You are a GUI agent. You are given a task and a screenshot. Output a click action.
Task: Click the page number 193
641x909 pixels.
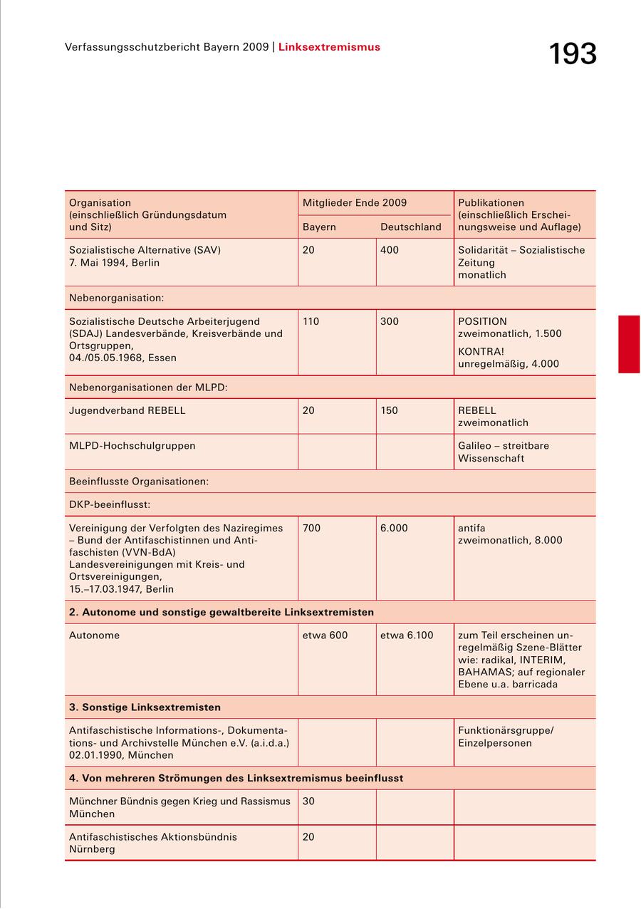tap(572, 54)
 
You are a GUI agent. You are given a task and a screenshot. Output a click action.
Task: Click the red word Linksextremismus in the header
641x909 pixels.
tap(329, 47)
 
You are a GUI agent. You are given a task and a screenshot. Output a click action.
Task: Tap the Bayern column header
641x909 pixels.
tap(319, 227)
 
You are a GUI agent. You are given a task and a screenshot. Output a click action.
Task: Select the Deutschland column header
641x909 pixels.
tap(410, 227)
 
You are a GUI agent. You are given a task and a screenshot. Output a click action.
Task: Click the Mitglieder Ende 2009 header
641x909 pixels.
tap(355, 203)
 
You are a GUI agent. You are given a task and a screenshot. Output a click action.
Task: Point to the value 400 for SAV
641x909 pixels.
tap(390, 250)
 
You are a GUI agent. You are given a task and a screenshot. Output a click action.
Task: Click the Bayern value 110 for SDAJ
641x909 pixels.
tap(311, 321)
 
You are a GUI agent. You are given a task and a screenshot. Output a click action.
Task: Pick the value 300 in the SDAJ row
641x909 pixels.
tap(390, 321)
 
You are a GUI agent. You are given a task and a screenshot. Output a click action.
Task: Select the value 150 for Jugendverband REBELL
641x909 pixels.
tap(390, 410)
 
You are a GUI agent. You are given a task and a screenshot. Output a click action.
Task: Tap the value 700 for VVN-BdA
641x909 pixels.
tap(311, 528)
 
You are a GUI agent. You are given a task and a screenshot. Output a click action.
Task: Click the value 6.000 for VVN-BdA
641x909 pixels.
tap(394, 528)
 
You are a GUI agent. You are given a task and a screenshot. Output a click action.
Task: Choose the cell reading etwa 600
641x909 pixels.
tap(325, 635)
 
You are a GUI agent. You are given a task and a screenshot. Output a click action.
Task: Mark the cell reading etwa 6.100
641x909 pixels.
tap(406, 635)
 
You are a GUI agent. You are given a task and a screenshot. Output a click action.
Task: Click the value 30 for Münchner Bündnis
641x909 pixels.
tap(308, 801)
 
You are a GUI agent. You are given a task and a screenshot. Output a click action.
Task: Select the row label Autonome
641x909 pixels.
tap(94, 635)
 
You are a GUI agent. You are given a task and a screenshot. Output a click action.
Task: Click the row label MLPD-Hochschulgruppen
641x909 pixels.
tap(132, 446)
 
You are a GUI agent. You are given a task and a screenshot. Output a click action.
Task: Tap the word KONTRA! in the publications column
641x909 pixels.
tap(481, 352)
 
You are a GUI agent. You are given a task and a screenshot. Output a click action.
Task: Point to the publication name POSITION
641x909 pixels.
tap(482, 321)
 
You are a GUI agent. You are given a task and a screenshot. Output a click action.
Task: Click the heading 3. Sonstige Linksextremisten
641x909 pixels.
tap(145, 707)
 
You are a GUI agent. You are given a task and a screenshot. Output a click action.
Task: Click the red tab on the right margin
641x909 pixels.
tap(629, 344)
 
